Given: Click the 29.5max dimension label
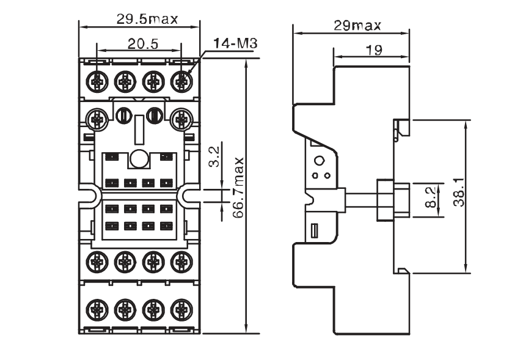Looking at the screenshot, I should click(x=147, y=18).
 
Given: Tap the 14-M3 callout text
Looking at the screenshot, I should click(x=235, y=43).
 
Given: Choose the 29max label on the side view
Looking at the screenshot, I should click(x=357, y=25).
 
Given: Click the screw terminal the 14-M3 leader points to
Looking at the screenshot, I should click(x=181, y=81).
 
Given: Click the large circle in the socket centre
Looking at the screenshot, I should click(x=139, y=159).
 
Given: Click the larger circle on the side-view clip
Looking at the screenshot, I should click(x=318, y=161).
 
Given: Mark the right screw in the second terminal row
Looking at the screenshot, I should click(x=181, y=118).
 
